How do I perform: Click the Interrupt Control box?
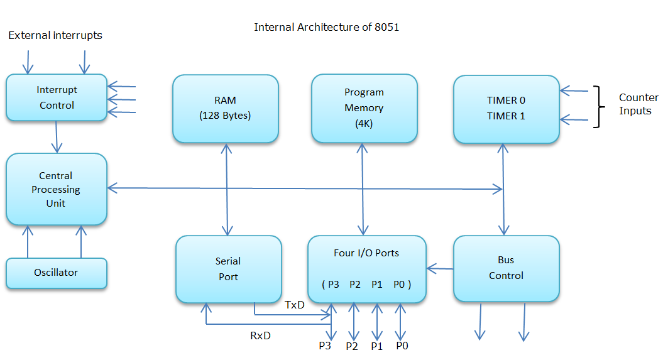(x=57, y=97)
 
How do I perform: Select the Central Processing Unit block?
(x=57, y=189)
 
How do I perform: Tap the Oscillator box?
(x=57, y=273)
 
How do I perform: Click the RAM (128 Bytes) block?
(x=226, y=108)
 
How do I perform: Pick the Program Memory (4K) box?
(x=364, y=108)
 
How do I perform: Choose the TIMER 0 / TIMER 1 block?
(x=507, y=108)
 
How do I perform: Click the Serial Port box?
(x=228, y=269)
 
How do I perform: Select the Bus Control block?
(x=506, y=268)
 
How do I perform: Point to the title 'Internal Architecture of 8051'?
(x=326, y=28)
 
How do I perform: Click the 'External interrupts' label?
(x=55, y=36)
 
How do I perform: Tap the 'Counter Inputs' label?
(x=638, y=104)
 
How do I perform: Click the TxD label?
(x=295, y=305)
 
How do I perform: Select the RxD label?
(x=260, y=335)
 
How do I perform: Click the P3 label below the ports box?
(x=325, y=346)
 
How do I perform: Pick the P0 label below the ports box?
(x=402, y=346)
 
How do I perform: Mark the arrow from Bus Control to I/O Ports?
(x=440, y=269)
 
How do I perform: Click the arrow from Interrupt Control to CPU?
(x=57, y=136)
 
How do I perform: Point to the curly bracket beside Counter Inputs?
(x=598, y=107)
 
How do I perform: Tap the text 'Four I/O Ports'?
(x=366, y=253)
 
